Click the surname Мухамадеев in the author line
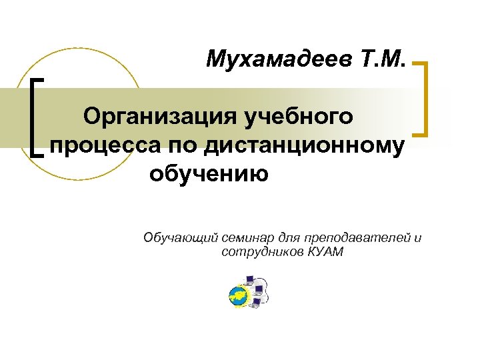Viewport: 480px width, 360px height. tap(279, 61)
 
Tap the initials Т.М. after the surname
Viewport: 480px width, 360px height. tap(382, 61)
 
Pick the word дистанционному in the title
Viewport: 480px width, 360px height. tap(299, 146)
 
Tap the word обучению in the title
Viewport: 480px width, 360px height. tap(209, 174)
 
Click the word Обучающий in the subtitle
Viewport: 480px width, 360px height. tap(176, 239)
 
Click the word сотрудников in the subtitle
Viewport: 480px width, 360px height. tap(262, 252)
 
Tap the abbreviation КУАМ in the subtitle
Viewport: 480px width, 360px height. tap(325, 252)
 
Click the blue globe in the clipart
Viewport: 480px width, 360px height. tap(237, 296)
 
